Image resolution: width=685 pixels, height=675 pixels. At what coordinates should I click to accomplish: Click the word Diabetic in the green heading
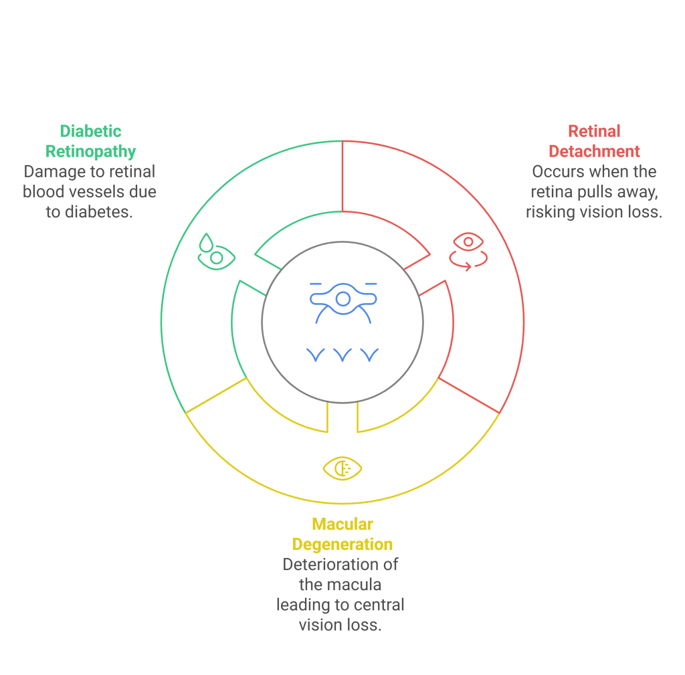tap(90, 131)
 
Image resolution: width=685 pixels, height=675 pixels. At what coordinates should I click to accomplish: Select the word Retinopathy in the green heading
tap(90, 152)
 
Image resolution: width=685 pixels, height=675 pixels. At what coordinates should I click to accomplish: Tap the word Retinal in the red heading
tap(594, 131)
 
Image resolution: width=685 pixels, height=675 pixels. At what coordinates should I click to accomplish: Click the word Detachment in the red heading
tap(594, 152)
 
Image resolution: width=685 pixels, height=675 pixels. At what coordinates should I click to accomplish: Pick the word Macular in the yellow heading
tap(342, 524)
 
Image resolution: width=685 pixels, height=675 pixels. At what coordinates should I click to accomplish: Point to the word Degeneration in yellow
tap(342, 544)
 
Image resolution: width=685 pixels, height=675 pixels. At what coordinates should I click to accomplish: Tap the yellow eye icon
tap(342, 468)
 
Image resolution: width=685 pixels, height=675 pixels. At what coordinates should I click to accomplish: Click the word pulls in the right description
tap(597, 193)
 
